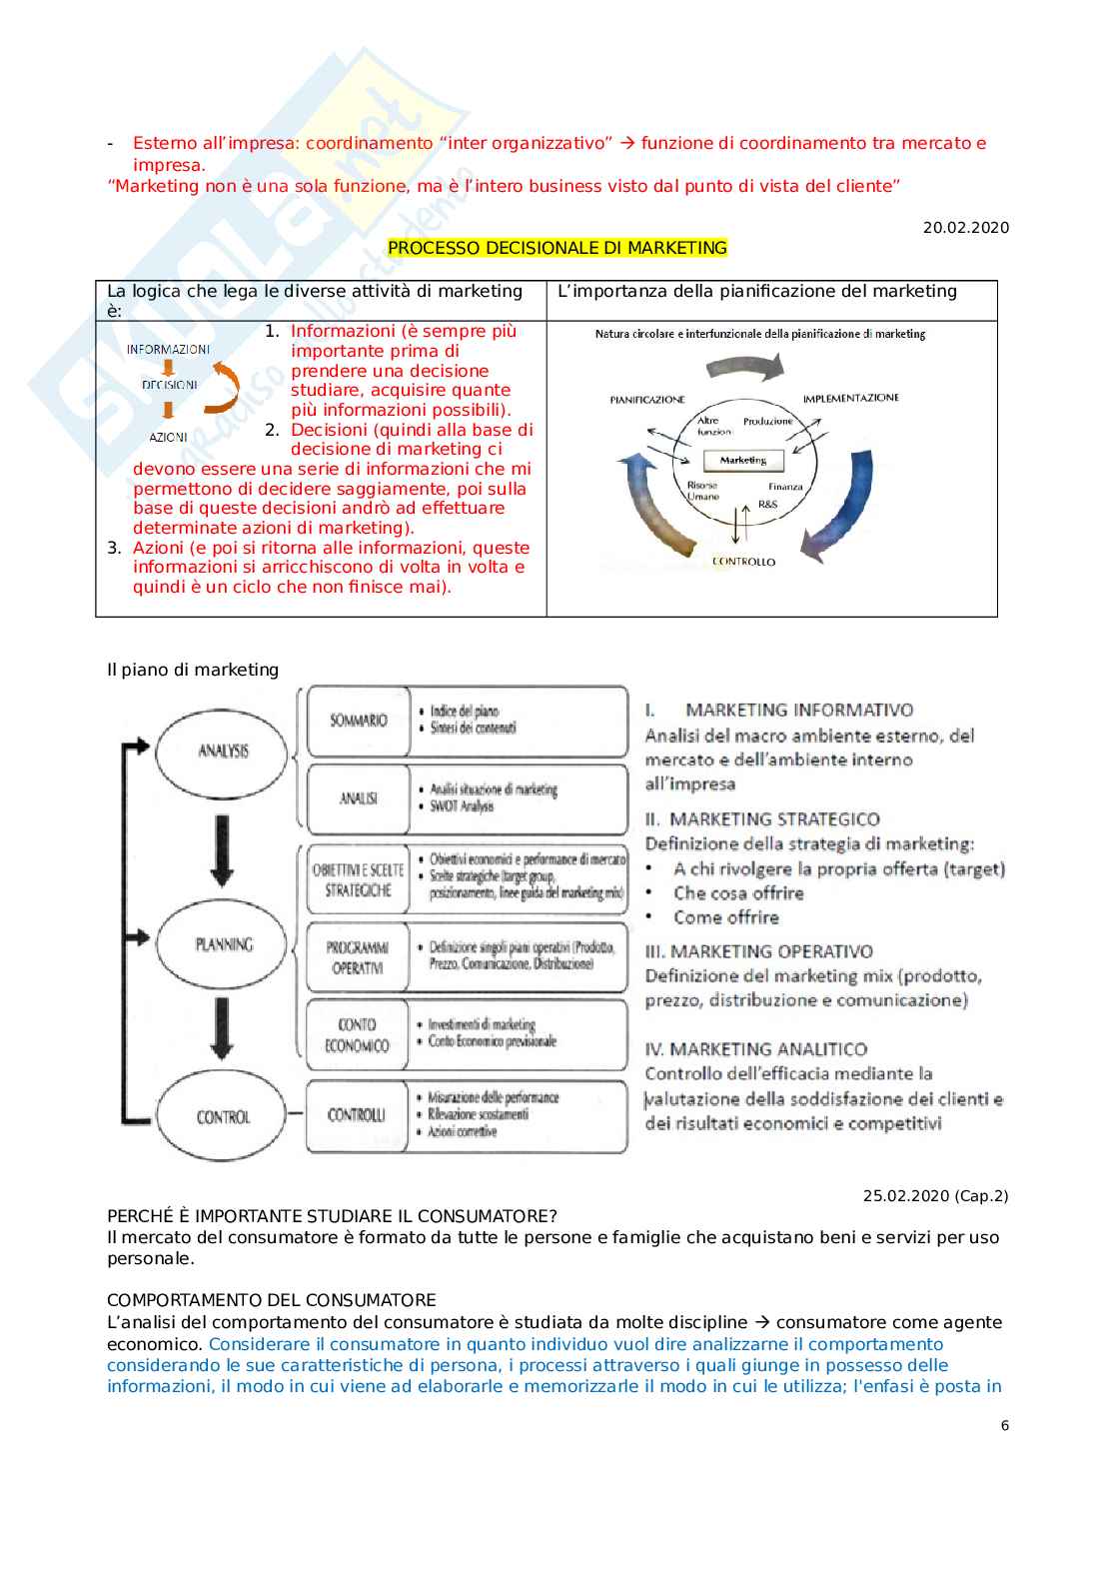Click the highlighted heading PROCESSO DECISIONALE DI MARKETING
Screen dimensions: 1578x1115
coord(557,248)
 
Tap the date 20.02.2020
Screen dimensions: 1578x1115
coord(965,228)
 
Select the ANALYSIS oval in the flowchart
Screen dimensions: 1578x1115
coord(223,751)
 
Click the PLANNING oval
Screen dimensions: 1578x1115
coord(223,943)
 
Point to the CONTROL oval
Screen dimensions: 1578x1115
coord(223,1116)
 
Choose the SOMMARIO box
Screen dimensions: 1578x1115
coord(358,720)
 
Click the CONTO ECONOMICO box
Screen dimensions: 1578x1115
coord(357,1035)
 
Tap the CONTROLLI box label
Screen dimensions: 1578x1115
coord(357,1114)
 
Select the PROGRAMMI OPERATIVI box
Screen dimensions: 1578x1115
coord(357,957)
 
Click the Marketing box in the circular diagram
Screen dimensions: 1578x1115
coord(743,461)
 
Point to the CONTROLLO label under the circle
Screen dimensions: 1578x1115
coord(743,562)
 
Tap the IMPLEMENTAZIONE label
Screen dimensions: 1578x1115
coord(850,398)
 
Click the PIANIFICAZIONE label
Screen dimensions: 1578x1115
coord(647,400)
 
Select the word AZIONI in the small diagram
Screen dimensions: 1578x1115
coord(168,438)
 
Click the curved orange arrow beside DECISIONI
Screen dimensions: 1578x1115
coord(225,389)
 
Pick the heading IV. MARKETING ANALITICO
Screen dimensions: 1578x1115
coord(756,1049)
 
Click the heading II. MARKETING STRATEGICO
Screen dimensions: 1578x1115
coord(762,819)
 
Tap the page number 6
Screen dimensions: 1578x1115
coord(1004,1426)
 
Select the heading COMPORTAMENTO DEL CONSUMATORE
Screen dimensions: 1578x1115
coord(272,1300)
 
